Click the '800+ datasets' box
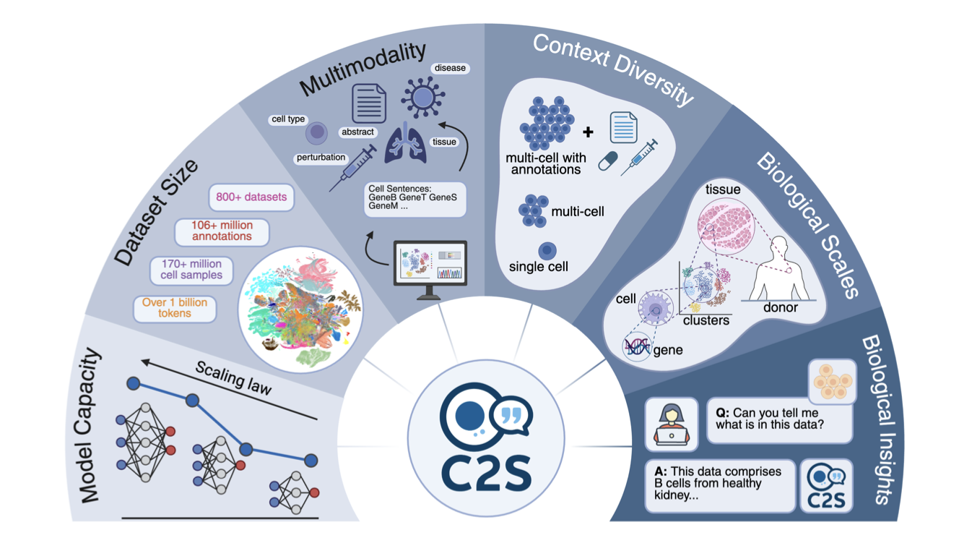(251, 197)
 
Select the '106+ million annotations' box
(222, 231)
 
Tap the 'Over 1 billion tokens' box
(175, 308)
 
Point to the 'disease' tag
(450, 68)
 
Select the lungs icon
(404, 142)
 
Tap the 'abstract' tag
(358, 132)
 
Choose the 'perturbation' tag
(321, 157)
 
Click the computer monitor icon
(428, 269)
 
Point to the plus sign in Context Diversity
(589, 132)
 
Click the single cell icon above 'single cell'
(547, 250)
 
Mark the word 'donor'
(781, 307)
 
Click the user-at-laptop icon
(671, 424)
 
